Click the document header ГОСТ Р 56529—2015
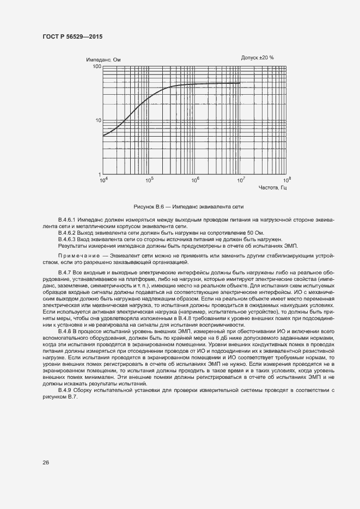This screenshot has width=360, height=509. click(x=72, y=36)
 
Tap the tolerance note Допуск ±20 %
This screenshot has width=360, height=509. click(x=258, y=57)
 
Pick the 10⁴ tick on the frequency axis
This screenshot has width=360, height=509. click(x=103, y=180)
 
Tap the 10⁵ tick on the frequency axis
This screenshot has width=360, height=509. click(x=149, y=180)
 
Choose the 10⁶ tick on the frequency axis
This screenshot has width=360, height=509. click(x=195, y=180)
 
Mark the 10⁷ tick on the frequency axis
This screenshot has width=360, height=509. click(x=241, y=180)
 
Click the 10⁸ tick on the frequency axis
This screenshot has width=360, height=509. click(x=286, y=180)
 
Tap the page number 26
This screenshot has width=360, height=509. click(x=46, y=462)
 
